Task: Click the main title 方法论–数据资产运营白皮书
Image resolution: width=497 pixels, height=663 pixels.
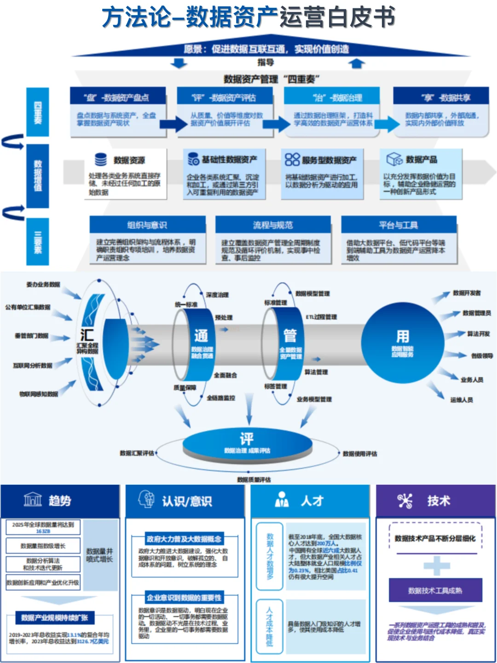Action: pos(248,17)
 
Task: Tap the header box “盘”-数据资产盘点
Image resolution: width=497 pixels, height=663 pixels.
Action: pos(117,97)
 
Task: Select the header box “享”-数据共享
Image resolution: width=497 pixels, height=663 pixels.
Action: pos(440,97)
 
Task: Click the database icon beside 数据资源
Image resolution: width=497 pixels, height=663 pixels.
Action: pos(101,160)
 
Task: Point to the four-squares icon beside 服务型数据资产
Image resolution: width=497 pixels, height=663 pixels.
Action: pos(292,160)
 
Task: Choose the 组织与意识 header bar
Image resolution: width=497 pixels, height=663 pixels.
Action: pos(147,225)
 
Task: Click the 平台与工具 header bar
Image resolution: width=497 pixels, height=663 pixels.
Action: pos(399,225)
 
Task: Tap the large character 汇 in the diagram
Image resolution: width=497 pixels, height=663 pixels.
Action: pos(87,335)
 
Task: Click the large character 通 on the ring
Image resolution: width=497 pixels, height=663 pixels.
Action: pos(201,336)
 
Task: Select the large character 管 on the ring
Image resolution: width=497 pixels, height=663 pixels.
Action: pos(290,336)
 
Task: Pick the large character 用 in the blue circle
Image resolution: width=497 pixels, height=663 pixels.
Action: pos(403,336)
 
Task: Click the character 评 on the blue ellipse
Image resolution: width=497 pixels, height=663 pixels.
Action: pos(247,439)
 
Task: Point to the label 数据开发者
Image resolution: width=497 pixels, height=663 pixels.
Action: pos(467,293)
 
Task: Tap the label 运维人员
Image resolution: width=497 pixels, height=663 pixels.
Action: pos(462,400)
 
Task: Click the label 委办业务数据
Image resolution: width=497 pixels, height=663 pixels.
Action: pos(43,285)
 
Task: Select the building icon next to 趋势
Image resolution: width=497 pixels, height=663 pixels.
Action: pos(33,499)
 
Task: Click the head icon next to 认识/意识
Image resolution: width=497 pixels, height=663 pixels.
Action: pos(147,500)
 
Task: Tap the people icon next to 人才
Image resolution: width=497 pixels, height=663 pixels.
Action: pos(281,500)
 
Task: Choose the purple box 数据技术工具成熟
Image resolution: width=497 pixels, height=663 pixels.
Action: pos(435,590)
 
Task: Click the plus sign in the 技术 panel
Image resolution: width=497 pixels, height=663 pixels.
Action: pos(436,565)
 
